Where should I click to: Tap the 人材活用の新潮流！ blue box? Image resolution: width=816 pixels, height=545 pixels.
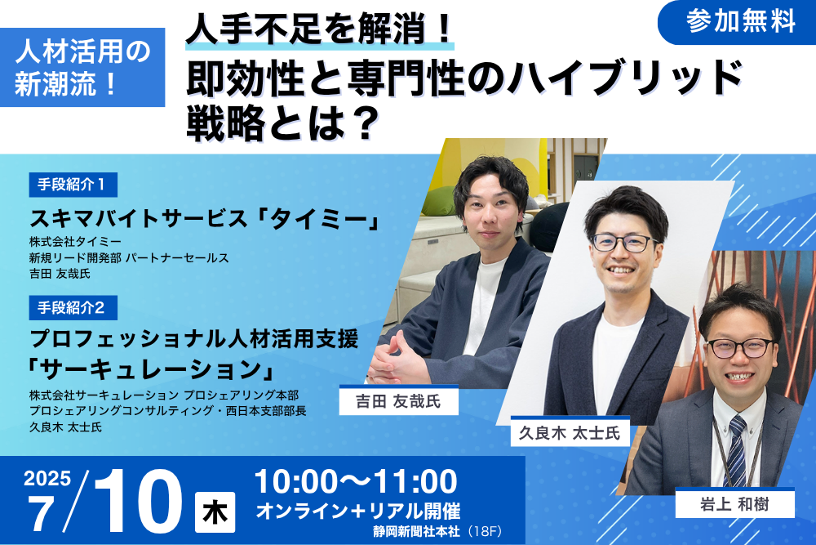pos(82,67)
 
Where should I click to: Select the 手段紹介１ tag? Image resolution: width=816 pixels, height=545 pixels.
pos(73,185)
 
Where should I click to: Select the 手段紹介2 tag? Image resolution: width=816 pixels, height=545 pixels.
pos(73,308)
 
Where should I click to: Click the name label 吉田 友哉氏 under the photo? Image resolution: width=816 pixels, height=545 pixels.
pos(399,400)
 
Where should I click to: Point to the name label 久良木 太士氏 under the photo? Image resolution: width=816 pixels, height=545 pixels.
pos(570,432)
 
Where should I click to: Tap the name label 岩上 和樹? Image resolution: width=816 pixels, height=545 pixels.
pos(735,504)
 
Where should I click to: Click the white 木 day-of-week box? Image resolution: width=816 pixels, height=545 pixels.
pos(215,512)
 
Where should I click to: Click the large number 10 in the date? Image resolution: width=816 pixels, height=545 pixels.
pos(138,501)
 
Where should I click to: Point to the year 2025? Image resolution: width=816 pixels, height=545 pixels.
pos(47,478)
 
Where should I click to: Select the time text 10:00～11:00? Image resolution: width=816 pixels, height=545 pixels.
pos(356,481)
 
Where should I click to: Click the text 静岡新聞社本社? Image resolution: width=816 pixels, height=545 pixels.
pos(416,531)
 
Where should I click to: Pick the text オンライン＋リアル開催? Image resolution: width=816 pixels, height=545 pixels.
pos(358,511)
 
